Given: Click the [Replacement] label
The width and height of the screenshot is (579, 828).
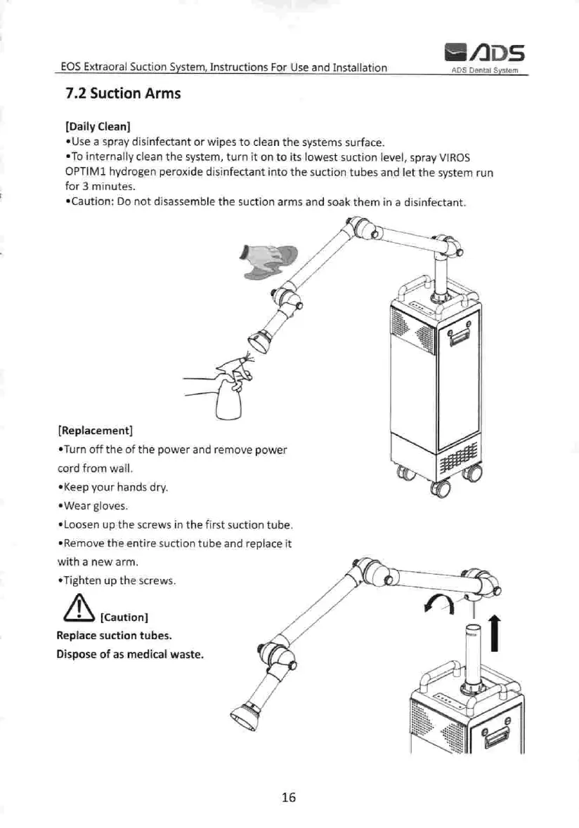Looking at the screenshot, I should tap(95, 429).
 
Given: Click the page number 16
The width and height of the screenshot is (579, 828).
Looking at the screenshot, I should tap(289, 796).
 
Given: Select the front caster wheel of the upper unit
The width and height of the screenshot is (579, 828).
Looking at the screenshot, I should tap(442, 488).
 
